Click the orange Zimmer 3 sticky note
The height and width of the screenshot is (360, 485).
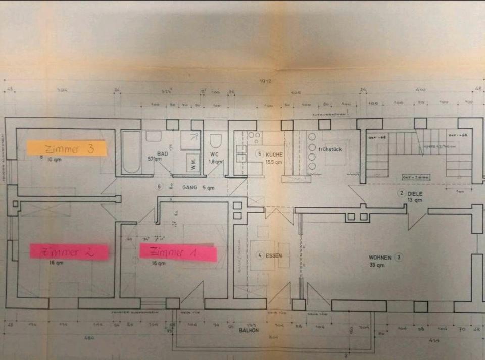67,148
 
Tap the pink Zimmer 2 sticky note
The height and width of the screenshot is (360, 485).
69,251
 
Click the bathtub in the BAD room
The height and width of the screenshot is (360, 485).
131,151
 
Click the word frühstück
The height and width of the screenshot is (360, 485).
331,149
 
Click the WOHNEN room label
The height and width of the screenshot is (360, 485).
380,257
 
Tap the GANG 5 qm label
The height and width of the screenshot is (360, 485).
199,187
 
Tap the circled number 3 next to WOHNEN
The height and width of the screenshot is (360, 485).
399,257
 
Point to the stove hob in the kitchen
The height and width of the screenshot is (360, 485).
254,136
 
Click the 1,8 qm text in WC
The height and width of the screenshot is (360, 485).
216,161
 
